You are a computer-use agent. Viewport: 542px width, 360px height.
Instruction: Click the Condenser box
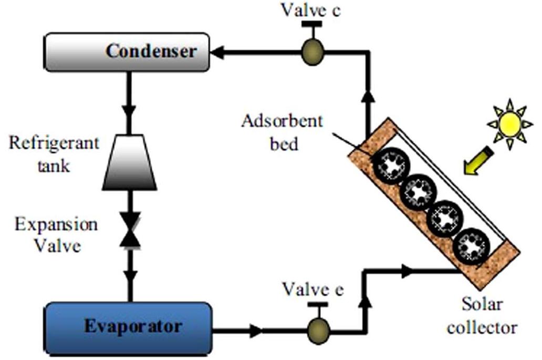[127, 52]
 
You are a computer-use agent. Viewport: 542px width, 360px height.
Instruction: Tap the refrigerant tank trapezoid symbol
[129, 168]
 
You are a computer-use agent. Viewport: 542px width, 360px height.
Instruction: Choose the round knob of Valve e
[318, 330]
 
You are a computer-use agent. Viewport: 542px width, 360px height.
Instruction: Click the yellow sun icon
[508, 124]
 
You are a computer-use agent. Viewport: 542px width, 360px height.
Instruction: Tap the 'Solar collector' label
[482, 315]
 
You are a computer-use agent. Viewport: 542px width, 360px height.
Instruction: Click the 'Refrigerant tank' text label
[54, 155]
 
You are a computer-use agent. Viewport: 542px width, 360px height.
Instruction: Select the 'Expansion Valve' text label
[56, 234]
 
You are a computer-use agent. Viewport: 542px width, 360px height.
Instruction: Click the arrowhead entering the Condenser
[218, 52]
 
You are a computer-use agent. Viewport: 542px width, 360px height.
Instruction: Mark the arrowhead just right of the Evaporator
[256, 331]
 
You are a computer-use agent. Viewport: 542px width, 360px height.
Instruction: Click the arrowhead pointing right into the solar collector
[408, 271]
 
